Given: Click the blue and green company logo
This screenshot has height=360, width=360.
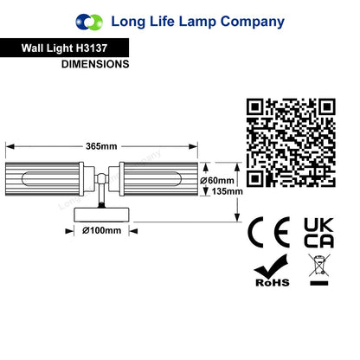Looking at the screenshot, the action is pyautogui.click(x=89, y=22).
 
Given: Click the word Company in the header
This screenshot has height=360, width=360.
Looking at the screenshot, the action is pyautogui.click(x=253, y=22).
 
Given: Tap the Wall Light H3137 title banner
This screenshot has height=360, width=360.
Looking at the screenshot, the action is pyautogui.click(x=64, y=48).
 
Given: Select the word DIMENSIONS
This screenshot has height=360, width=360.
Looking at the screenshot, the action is pyautogui.click(x=95, y=64).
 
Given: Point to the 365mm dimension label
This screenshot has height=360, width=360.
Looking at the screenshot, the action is pyautogui.click(x=101, y=146).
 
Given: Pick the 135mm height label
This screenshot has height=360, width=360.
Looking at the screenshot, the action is pyautogui.click(x=227, y=191).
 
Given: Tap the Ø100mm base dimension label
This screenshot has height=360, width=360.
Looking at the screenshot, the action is pyautogui.click(x=101, y=231).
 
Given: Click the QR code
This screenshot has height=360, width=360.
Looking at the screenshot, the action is pyautogui.click(x=291, y=143).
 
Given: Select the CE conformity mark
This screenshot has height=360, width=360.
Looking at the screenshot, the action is pyautogui.click(x=268, y=232).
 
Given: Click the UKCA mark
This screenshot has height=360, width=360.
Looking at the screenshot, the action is pyautogui.click(x=318, y=233).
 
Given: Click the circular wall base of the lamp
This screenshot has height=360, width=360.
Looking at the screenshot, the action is pyautogui.click(x=101, y=215).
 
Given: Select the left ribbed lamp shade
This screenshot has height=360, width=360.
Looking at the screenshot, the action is pyautogui.click(x=42, y=179).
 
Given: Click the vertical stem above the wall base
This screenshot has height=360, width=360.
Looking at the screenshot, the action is pyautogui.click(x=101, y=196).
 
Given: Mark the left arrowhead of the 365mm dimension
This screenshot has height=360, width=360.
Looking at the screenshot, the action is pyautogui.click(x=10, y=146).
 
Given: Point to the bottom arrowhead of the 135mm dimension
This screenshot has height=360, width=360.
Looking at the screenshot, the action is pyautogui.click(x=237, y=217).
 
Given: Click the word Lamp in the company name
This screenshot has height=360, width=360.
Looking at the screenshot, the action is pyautogui.click(x=197, y=22).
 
